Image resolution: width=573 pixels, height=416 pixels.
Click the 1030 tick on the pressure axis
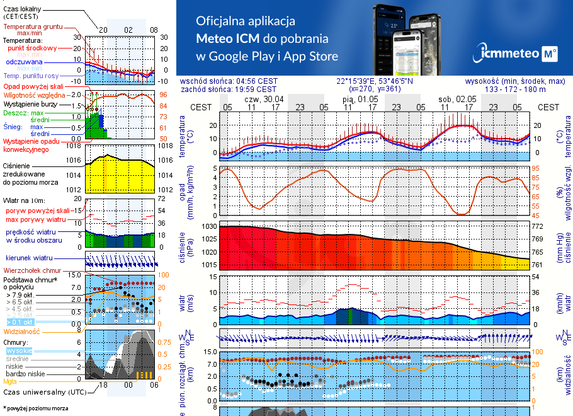[x=209, y=226]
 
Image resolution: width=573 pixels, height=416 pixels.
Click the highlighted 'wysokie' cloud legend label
[x=19, y=350]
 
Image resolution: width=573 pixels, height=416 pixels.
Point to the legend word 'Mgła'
[x=10, y=381]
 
